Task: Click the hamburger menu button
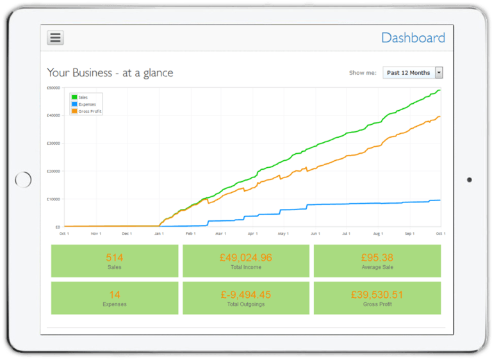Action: tap(55, 38)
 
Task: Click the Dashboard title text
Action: tap(413, 38)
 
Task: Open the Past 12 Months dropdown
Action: tap(413, 73)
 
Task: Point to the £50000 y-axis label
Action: tap(53, 88)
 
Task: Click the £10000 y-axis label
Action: tap(53, 199)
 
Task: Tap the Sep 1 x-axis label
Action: tap(409, 234)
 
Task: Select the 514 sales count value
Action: tap(115, 258)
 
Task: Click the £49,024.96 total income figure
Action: tap(246, 258)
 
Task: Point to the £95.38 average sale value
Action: tap(377, 258)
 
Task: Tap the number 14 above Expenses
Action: tap(115, 295)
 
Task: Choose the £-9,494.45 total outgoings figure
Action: tap(246, 295)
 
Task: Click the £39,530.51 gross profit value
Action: tap(377, 295)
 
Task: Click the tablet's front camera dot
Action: tap(469, 180)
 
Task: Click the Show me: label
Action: tap(363, 73)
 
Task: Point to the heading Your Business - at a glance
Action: tap(110, 73)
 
